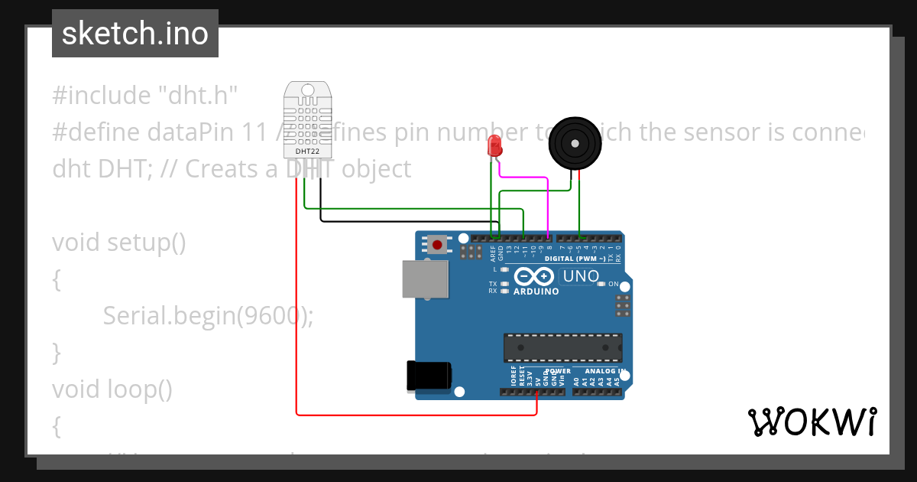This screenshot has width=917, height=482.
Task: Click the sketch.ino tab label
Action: pyautogui.click(x=134, y=34)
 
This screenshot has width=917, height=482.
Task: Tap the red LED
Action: pyautogui.click(x=494, y=145)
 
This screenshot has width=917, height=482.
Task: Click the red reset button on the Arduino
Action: pyautogui.click(x=437, y=245)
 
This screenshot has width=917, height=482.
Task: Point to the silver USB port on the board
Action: pyautogui.click(x=425, y=278)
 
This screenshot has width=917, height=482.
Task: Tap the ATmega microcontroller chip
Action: pyautogui.click(x=562, y=347)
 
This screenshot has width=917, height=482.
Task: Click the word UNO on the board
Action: pyautogui.click(x=581, y=276)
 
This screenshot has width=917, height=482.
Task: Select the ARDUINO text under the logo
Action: pyautogui.click(x=536, y=291)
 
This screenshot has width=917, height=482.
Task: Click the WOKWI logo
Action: pyautogui.click(x=812, y=422)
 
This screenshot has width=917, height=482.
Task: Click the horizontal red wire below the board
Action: pyautogui.click(x=416, y=415)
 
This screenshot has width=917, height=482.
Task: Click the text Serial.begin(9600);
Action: pyautogui.click(x=208, y=315)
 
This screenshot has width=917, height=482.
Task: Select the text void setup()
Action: pyautogui.click(x=119, y=243)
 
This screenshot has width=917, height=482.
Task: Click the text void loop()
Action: pyautogui.click(x=112, y=389)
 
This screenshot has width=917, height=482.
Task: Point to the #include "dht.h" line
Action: pyautogui.click(x=145, y=96)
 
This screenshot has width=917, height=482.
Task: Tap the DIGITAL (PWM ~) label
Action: pyautogui.click(x=575, y=259)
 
